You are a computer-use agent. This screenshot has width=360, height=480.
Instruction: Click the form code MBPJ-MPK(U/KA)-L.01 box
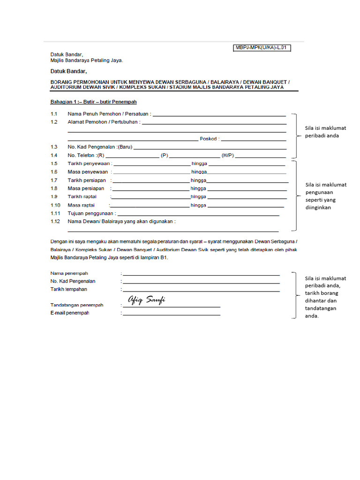262,47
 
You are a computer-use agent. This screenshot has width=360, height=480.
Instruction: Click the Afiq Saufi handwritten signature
146,300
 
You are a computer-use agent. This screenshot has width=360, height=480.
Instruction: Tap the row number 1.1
54,114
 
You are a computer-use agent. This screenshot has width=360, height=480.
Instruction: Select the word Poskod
209,139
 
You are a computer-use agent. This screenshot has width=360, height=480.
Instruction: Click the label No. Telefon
82,155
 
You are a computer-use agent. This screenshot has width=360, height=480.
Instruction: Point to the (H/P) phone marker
228,155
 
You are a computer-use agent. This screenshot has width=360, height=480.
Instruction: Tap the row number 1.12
55,221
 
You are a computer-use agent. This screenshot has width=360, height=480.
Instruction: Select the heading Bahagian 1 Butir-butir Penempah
93,102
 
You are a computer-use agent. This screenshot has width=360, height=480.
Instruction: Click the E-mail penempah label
70,313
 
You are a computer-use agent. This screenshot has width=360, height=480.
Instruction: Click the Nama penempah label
69,273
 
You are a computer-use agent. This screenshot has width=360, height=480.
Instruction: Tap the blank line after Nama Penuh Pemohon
219,114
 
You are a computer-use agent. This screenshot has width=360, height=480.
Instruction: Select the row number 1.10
55,205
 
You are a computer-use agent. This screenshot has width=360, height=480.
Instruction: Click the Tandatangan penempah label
77,305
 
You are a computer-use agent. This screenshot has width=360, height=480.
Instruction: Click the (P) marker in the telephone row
164,155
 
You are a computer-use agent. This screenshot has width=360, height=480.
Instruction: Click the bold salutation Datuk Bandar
68,72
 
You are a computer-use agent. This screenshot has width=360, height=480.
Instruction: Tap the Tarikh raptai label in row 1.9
82,197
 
